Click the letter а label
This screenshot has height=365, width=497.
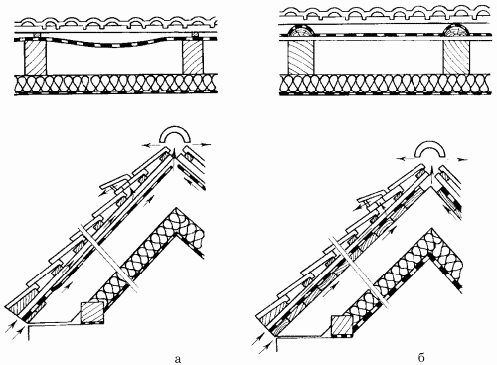pos(178,359)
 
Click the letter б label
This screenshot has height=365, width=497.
pos(421,358)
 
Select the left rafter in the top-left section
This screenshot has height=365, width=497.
pos(35,56)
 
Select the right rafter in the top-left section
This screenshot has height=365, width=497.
pos(192,56)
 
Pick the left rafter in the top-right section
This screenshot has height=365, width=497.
pos(300,57)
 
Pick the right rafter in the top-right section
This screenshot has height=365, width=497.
pos(456,57)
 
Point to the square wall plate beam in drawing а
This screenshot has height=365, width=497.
pos(92,312)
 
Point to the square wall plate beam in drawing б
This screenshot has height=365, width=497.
pos(342,326)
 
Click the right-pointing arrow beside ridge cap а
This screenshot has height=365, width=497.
pos(202,144)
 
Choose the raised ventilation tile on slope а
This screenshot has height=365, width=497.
pos(115,181)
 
